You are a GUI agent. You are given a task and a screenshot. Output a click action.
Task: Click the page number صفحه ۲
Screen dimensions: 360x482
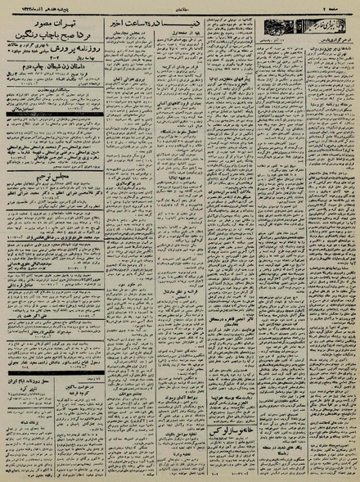[340, 4]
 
